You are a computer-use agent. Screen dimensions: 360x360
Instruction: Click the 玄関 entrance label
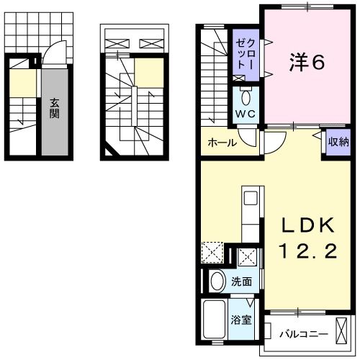pyautogui.click(x=55, y=107)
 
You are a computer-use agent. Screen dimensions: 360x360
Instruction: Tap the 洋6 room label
pyautogui.click(x=307, y=63)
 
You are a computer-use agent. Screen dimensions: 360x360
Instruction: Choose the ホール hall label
pyautogui.click(x=222, y=143)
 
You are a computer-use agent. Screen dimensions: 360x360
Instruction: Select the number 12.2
pyautogui.click(x=308, y=251)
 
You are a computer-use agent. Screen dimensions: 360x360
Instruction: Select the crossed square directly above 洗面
pyautogui.click(x=247, y=257)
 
